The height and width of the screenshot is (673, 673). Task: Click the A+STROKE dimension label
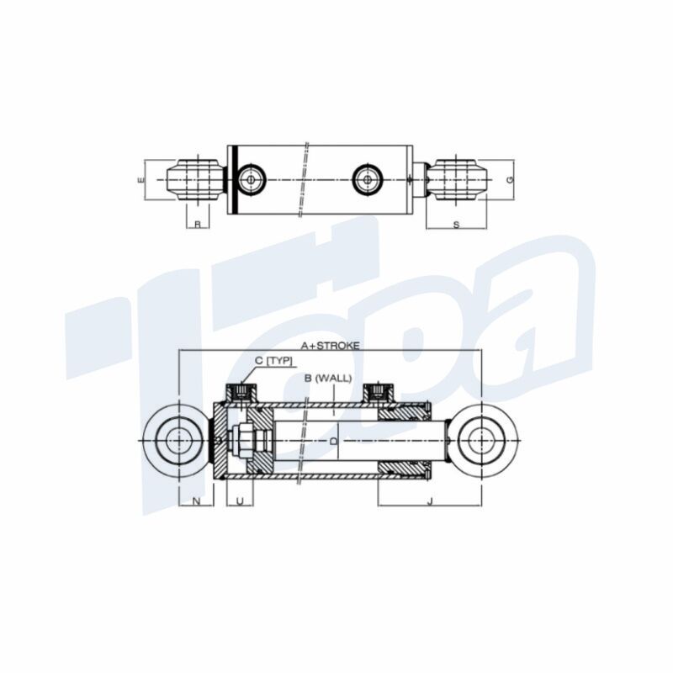[330, 346]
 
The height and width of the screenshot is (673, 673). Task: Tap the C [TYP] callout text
[273, 361]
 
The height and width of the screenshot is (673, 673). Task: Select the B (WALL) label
[328, 378]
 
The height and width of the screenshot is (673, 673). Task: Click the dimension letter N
[196, 501]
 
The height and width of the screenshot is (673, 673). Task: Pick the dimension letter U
[240, 501]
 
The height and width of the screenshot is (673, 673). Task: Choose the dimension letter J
[430, 501]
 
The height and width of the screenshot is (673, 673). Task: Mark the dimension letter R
[198, 224]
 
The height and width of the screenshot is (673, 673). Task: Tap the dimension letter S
[456, 225]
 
